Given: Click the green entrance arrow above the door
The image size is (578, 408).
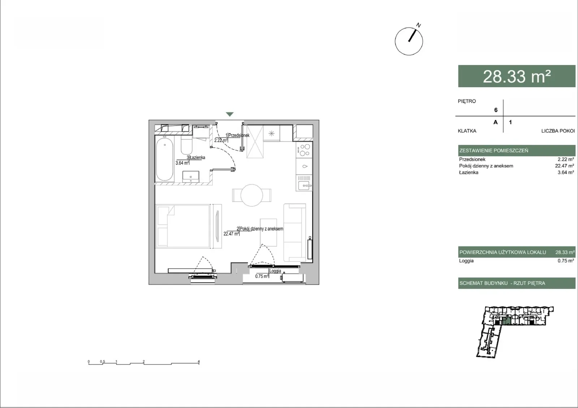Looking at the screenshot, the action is [230, 114].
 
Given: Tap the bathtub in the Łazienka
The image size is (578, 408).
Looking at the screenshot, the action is [165, 159].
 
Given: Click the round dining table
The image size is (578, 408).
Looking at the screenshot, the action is [251, 195].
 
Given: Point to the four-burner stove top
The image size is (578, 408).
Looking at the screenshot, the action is [304, 150].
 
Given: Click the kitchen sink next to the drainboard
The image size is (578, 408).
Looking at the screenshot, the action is [304, 185].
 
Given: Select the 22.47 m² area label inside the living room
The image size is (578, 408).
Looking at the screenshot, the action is [231, 234].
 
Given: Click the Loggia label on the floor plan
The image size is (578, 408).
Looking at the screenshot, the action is [275, 271].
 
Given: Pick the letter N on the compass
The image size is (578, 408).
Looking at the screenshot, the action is [419, 25].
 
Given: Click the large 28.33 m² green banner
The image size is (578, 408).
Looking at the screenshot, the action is [517, 76].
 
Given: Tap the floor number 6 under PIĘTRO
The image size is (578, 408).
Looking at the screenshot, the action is [496, 110].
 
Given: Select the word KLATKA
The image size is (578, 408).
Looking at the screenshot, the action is [467, 131].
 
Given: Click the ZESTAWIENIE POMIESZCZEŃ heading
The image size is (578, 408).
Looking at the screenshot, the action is [494, 150].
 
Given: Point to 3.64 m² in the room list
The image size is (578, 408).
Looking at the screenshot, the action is [566, 172].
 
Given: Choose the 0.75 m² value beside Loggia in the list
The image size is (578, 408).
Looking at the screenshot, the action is [566, 260].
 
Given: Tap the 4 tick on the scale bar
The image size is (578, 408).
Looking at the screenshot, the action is [199, 361].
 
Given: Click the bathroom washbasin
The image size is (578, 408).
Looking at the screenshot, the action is [191, 176].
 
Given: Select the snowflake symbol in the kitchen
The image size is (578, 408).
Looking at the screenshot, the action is [271, 133].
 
